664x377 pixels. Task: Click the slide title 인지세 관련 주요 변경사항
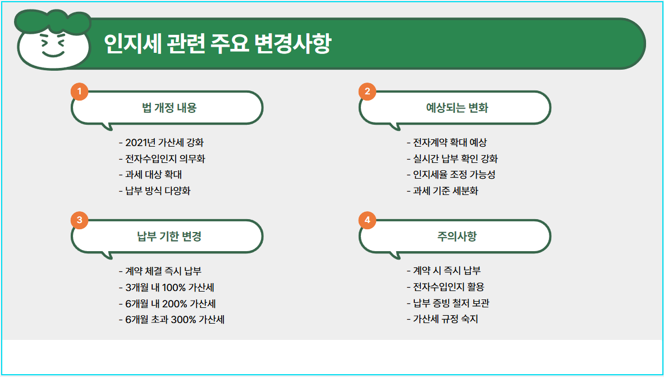217,44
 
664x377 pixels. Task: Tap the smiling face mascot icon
53,42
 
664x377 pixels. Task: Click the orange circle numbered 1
80,91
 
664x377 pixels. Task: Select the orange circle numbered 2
367,91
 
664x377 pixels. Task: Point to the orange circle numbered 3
80,220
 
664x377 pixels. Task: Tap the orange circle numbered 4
367,220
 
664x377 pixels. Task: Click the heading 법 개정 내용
170,108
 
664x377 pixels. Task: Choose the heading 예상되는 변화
457,108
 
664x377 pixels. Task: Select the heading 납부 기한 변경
170,237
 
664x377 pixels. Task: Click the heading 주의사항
457,237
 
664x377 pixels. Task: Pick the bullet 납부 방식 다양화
155,191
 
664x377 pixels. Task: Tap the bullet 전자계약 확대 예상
447,143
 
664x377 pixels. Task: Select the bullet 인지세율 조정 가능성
451,175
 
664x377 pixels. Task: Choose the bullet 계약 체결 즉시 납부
160,271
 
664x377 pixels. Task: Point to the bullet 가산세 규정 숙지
442,320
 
